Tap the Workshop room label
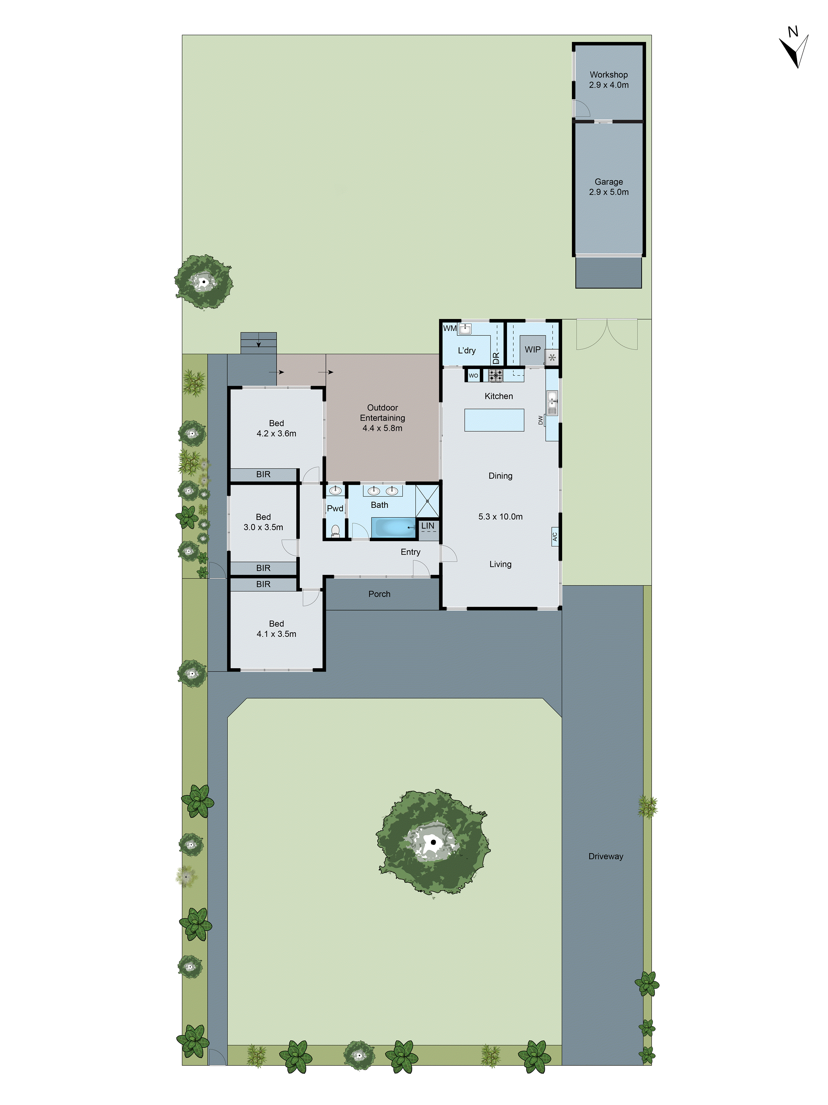[x=608, y=74]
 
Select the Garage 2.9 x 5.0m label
[x=608, y=187]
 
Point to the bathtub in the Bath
[x=393, y=528]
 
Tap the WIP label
[x=532, y=350]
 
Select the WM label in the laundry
[x=450, y=328]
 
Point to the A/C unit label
[x=554, y=536]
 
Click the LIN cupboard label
[x=428, y=525]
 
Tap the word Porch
[x=379, y=594]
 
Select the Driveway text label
[x=605, y=856]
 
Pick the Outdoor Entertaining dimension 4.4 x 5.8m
[x=382, y=428]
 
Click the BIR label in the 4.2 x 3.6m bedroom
[x=263, y=474]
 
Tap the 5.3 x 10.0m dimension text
[x=500, y=517]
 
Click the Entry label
[x=410, y=552]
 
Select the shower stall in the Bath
[x=427, y=501]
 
